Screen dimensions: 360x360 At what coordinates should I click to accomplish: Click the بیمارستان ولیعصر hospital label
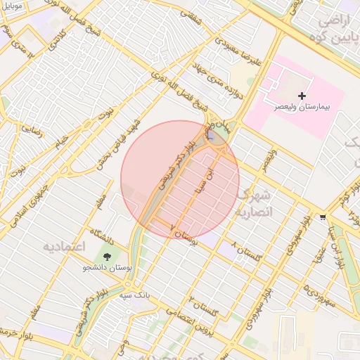(x=302, y=110)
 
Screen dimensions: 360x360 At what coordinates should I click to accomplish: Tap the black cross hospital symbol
(x=302, y=96)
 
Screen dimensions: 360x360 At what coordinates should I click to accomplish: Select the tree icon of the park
(x=107, y=257)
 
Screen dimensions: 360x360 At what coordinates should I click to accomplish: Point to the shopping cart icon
(x=323, y=217)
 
